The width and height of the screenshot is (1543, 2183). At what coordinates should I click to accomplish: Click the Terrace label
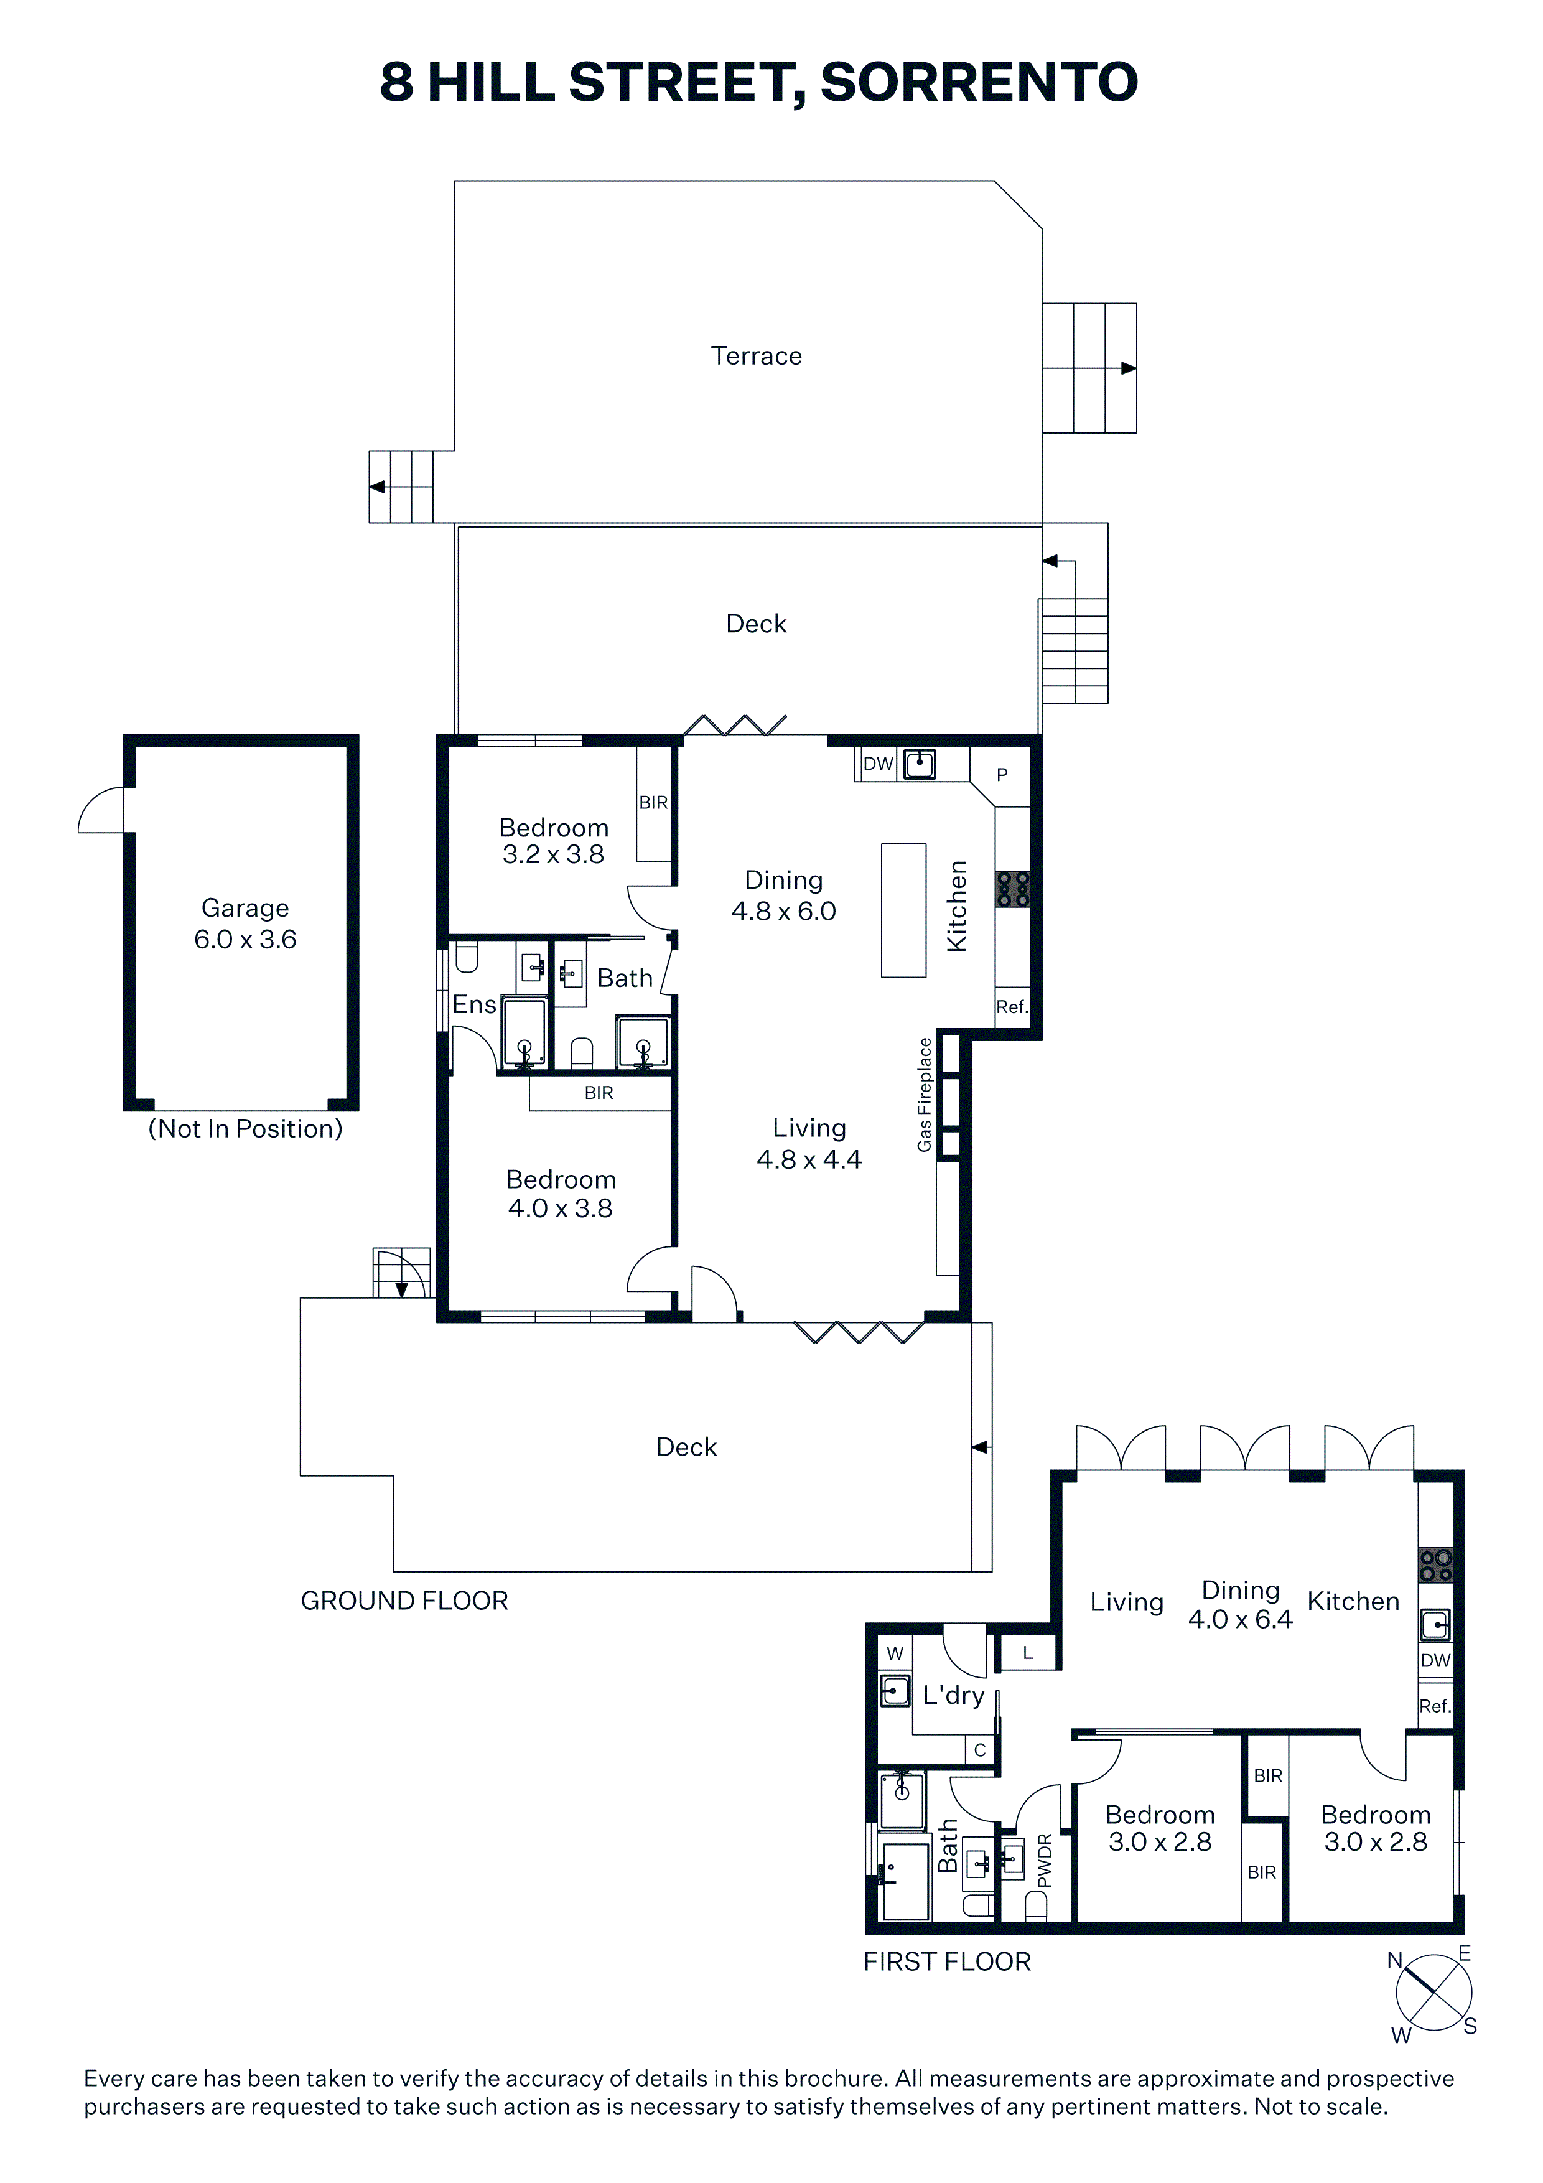756,355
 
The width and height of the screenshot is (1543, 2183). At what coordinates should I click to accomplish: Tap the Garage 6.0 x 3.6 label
245,923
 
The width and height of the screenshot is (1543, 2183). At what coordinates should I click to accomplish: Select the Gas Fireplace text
924,1095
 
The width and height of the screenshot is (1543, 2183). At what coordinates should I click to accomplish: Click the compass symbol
1433,1994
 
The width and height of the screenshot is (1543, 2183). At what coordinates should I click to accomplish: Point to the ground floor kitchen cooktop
1012,889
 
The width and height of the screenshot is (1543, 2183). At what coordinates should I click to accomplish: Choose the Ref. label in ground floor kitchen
1012,1007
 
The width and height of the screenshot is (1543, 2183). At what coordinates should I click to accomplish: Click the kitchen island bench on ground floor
903,910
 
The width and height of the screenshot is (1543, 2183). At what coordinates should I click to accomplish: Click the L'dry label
954,1695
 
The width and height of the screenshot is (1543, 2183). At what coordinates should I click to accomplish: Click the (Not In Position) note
245,1129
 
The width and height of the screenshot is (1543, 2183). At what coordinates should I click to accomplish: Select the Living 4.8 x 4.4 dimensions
809,1144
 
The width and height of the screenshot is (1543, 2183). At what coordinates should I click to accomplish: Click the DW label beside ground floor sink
879,764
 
